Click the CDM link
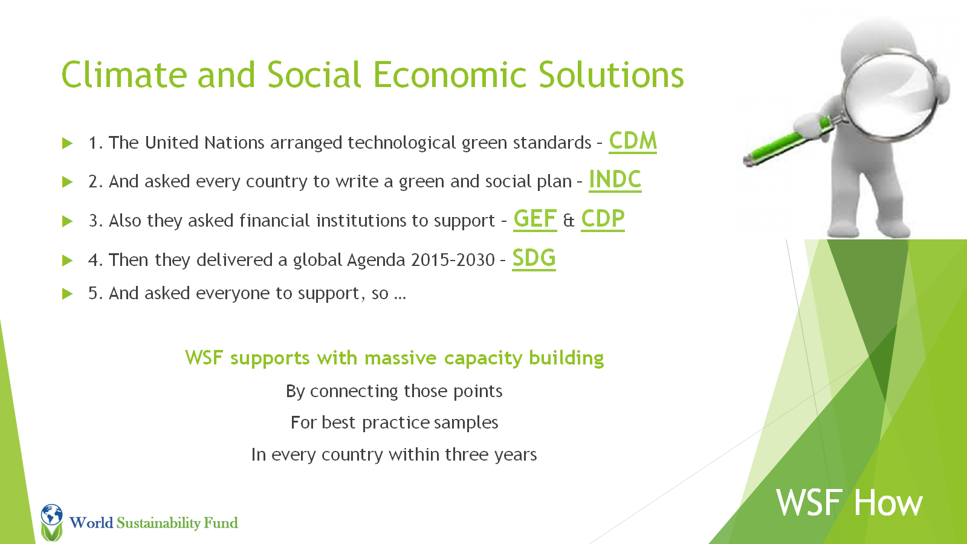633,141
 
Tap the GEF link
535,219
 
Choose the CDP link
603,219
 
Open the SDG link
534,258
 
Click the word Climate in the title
125,75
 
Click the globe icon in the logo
52,514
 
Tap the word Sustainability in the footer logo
158,523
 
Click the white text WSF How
849,502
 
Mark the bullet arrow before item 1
67,143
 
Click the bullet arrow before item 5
67,294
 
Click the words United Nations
204,143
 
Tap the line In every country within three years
394,455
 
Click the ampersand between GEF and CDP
569,221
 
